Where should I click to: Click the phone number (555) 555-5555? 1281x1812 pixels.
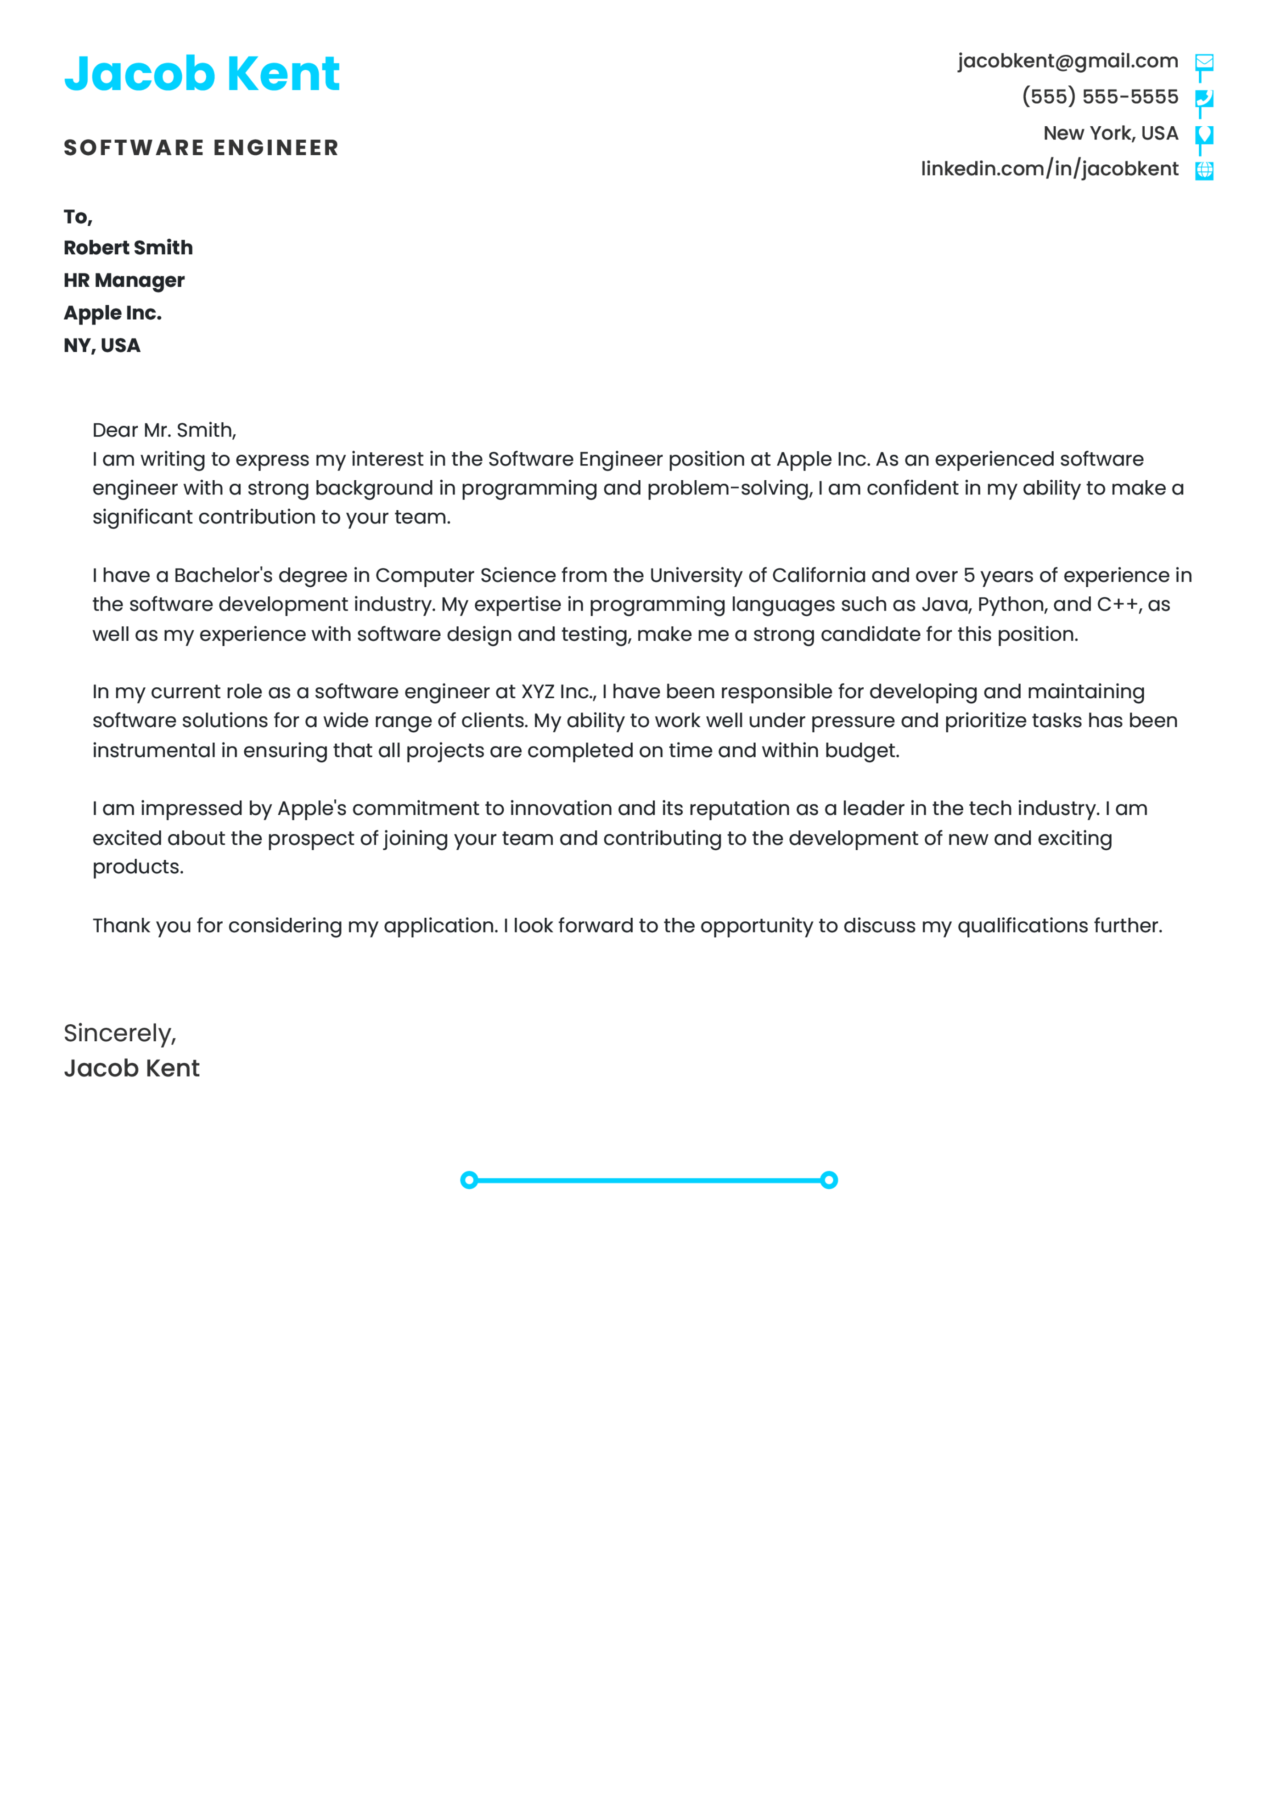(x=1100, y=96)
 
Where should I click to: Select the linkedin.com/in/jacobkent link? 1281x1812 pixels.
(x=1049, y=169)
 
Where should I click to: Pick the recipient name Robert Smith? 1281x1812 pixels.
(x=128, y=248)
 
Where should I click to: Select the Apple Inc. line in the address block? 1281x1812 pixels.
(x=113, y=313)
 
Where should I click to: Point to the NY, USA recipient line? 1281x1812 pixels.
(x=102, y=346)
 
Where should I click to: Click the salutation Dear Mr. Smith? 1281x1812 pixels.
(x=164, y=430)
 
